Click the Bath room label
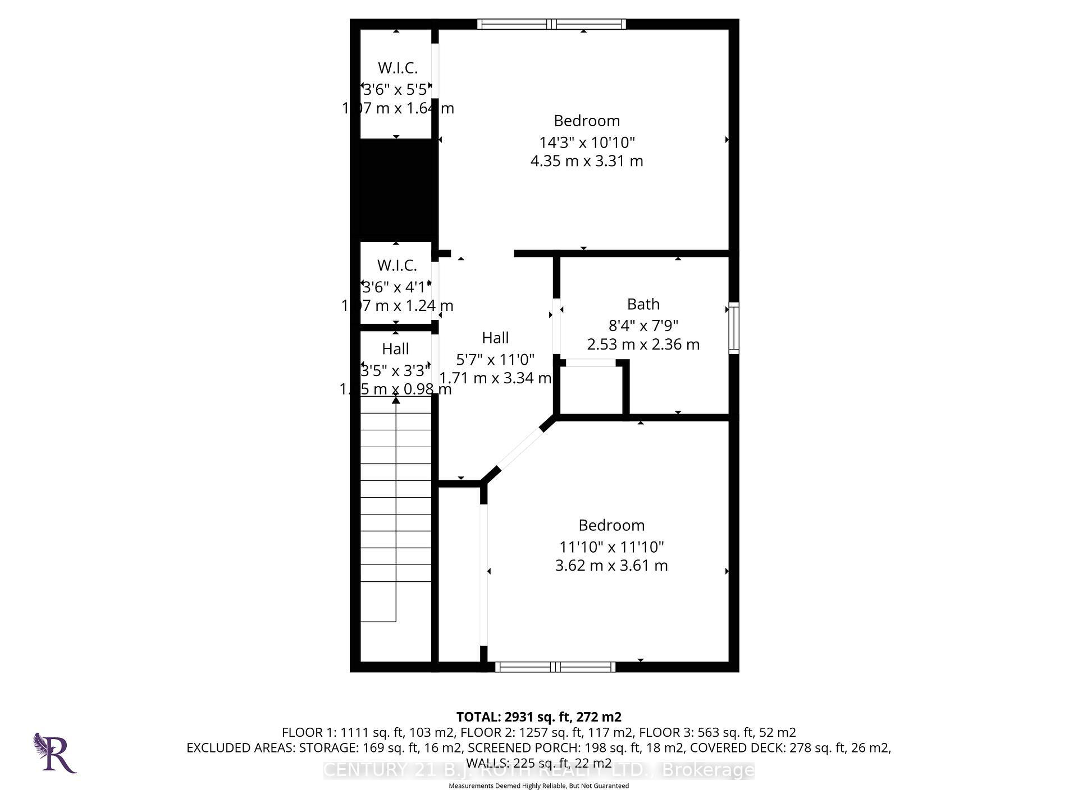pos(643,304)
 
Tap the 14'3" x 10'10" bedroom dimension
pos(587,142)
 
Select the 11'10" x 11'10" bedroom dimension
pos(611,547)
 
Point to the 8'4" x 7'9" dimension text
pos(643,325)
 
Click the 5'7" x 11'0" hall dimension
pos(495,359)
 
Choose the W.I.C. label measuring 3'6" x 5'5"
pos(398,68)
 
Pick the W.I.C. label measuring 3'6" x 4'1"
pos(397,265)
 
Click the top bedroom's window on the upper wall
pos(551,24)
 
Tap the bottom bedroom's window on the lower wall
pos(555,667)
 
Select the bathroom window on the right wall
pos(734,328)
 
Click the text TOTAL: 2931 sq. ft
pos(538,717)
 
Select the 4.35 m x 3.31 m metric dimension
pos(587,161)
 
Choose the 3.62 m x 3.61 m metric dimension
pos(611,566)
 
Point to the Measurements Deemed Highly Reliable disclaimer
pos(538,786)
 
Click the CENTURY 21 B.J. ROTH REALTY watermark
pos(538,770)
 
